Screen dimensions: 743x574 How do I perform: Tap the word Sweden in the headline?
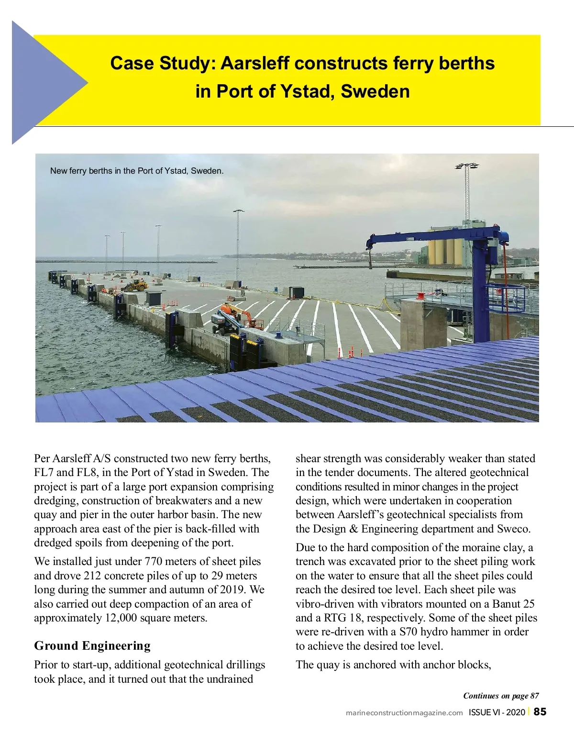[x=375, y=91]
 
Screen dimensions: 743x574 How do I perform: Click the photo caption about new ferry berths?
[x=137, y=171]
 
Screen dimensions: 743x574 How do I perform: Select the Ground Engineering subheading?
[x=92, y=646]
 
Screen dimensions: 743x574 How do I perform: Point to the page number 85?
[x=540, y=712]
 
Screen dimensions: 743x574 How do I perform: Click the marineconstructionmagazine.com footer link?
[x=404, y=713]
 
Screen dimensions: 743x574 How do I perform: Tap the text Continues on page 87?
[x=501, y=696]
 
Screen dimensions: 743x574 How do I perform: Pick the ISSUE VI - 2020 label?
[x=497, y=712]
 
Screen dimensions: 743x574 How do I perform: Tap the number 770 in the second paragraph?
[x=154, y=561]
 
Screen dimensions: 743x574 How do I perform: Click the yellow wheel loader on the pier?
[x=136, y=286]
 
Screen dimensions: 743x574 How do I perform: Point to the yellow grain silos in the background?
[x=445, y=251]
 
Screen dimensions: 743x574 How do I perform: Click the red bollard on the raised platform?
[x=420, y=296]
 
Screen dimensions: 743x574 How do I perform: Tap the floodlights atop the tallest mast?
[x=467, y=166]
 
